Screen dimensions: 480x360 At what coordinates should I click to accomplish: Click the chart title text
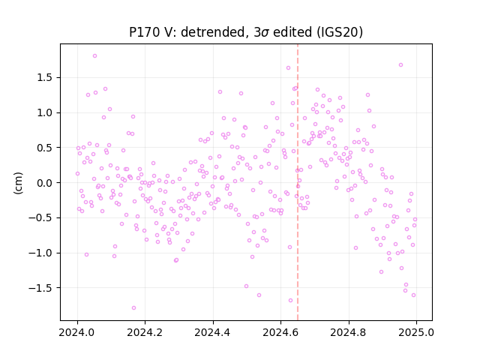[246, 31]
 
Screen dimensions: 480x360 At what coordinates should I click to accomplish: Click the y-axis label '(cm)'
[18, 183]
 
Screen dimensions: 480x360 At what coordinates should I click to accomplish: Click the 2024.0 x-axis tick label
[77, 332]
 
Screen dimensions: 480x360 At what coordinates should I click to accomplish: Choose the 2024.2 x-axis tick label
[145, 332]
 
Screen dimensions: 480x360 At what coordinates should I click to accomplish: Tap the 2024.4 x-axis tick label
[213, 332]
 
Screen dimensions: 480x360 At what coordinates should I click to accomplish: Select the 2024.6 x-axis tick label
[280, 332]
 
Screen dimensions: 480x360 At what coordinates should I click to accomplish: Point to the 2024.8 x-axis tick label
[348, 332]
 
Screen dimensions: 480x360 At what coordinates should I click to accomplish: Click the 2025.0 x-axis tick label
[416, 332]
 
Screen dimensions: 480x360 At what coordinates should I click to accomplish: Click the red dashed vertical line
[298, 182]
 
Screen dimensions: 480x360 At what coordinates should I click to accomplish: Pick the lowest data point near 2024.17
[133, 308]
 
